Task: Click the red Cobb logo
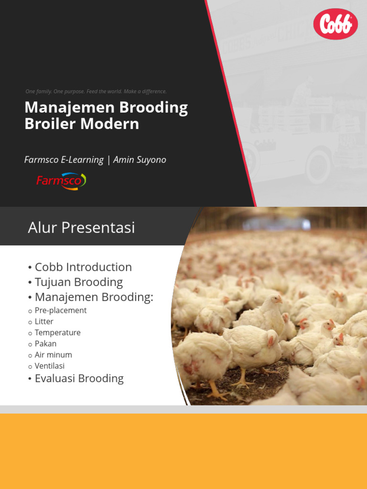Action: [x=335, y=24]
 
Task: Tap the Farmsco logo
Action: [x=61, y=181]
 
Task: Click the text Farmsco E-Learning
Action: [x=64, y=160]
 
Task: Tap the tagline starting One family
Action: [x=96, y=91]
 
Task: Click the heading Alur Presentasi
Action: [x=81, y=228]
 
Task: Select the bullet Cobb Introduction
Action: [x=83, y=267]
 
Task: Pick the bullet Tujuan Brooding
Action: [x=79, y=282]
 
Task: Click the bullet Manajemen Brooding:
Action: [x=94, y=297]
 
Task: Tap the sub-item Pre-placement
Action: [x=61, y=310]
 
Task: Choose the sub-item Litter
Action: [x=44, y=321]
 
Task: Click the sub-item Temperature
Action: [x=57, y=333]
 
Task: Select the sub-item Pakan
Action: [x=45, y=344]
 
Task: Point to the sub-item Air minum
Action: [x=53, y=355]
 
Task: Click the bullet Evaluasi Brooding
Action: [x=79, y=379]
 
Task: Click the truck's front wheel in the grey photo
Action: [x=318, y=165]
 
